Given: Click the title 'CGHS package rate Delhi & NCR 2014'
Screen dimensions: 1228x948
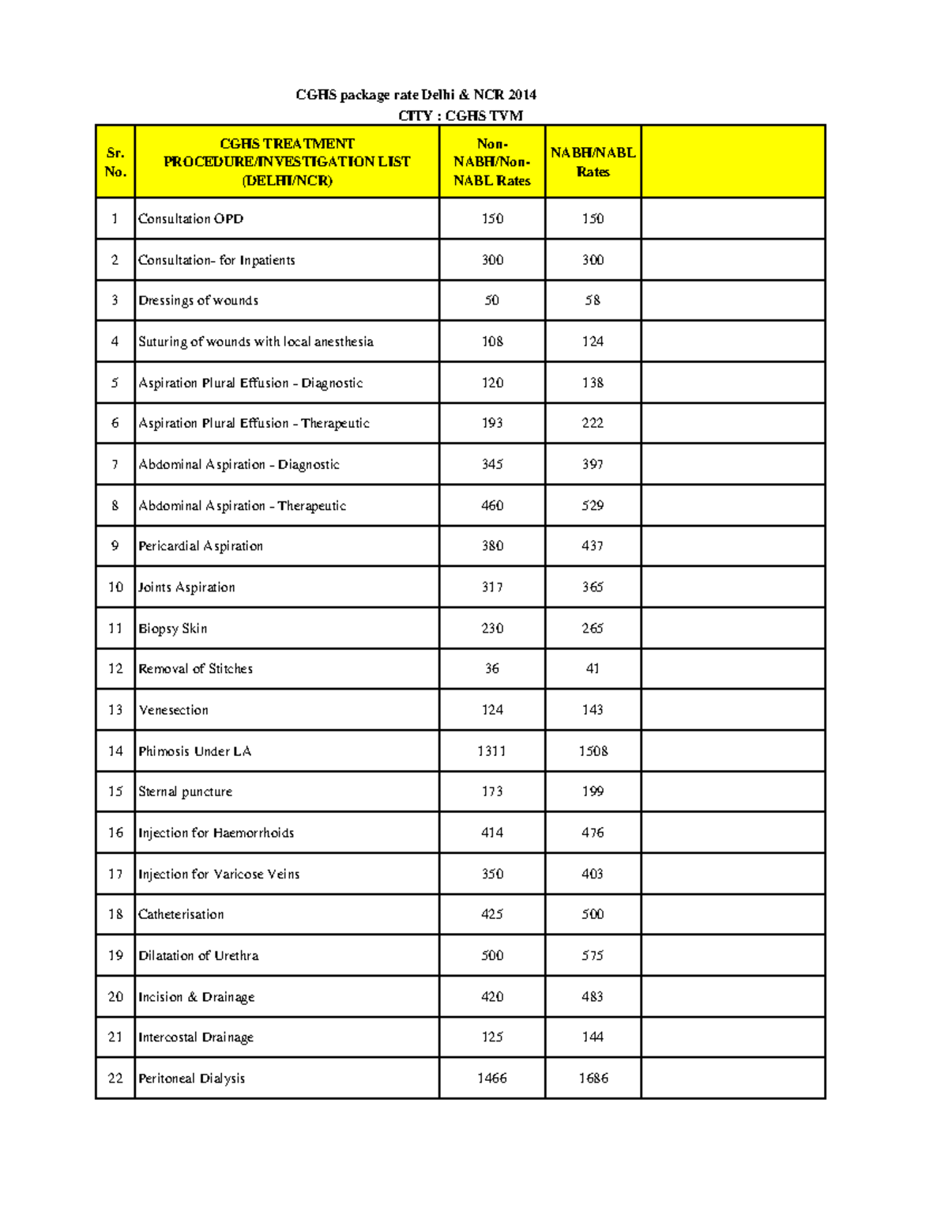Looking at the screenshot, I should (x=416, y=95).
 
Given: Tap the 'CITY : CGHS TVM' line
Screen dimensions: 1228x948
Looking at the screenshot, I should (x=460, y=115).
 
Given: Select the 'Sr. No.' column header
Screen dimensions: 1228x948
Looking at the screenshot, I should (x=115, y=162).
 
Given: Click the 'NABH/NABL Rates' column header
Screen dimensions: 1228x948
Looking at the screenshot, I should (x=592, y=162).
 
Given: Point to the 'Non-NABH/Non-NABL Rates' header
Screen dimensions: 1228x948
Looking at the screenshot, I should (x=491, y=162).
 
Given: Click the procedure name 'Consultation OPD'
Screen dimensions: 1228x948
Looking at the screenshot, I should (x=190, y=219).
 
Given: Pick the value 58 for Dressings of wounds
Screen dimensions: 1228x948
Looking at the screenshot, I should (x=592, y=300).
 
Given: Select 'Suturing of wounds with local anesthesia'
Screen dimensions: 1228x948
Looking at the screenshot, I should (x=255, y=342).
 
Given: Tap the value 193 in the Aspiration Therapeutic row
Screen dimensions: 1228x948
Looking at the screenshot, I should (x=492, y=423).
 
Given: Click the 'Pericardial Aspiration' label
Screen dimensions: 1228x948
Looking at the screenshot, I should (x=201, y=546).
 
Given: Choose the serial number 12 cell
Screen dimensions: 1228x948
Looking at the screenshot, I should (x=115, y=669).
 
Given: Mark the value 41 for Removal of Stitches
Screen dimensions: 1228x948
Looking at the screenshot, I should (x=592, y=669).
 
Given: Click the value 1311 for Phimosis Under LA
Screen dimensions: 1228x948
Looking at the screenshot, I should (x=491, y=751).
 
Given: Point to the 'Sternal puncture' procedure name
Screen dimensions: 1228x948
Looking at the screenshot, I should (x=185, y=792).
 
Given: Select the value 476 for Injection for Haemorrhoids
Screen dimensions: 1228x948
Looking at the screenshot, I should (x=592, y=833).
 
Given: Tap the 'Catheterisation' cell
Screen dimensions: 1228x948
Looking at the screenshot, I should (x=181, y=915).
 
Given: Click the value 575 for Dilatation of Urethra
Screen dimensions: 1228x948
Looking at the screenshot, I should (x=592, y=955).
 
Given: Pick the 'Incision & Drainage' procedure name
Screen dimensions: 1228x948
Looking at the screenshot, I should (x=196, y=997).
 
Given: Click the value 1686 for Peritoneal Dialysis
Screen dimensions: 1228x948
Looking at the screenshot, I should (x=592, y=1079).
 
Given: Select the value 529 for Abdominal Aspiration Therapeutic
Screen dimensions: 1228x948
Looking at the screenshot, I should (x=592, y=505).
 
